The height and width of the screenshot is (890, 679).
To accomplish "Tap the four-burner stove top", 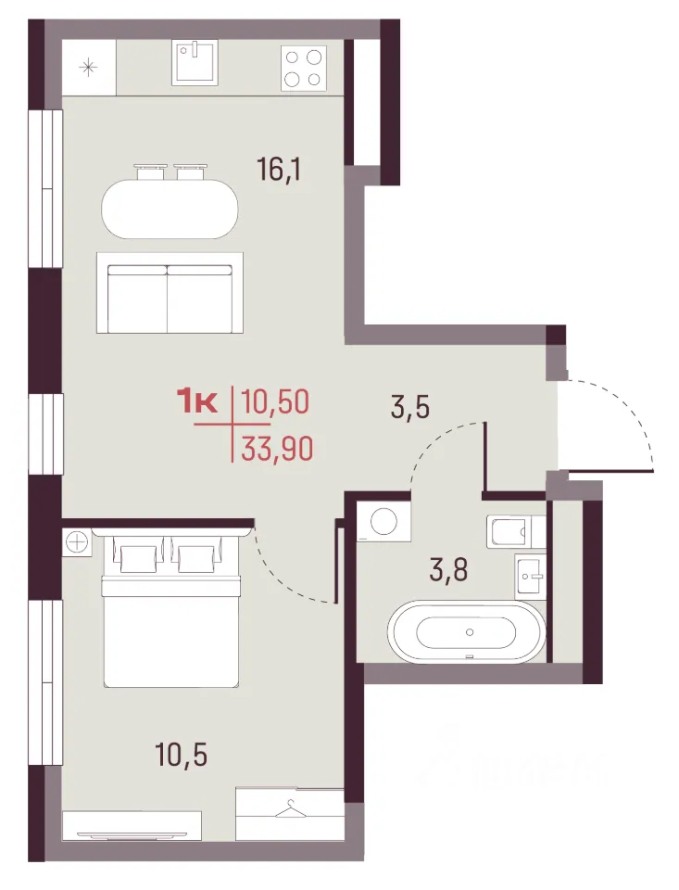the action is [304, 68].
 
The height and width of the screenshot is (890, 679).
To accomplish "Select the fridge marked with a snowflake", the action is [89, 68].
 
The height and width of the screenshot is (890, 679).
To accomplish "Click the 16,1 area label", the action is [279, 169].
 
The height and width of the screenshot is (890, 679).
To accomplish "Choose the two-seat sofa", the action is [170, 293].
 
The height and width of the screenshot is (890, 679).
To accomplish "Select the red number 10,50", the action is [276, 401].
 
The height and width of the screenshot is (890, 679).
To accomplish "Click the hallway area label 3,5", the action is [410, 408].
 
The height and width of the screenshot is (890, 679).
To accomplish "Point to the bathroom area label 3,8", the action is [448, 570].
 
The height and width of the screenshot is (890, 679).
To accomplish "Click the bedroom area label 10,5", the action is [181, 755].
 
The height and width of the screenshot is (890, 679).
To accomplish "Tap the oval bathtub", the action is [466, 631].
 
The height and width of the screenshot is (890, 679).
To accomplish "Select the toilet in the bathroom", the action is [516, 532].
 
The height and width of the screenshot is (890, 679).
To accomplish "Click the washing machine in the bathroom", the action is [383, 520].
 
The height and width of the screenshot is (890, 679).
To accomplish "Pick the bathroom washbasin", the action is [530, 576].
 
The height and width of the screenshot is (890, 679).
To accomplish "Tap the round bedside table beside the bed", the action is [76, 540].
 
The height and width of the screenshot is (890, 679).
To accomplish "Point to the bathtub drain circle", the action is [469, 631].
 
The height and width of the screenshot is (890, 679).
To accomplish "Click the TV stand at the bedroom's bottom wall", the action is [132, 826].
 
